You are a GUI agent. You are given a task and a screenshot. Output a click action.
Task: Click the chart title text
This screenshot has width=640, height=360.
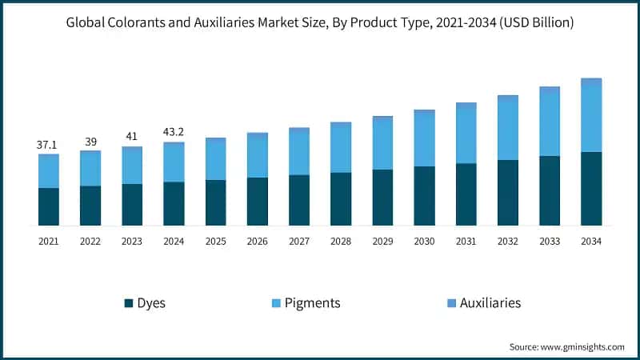[319, 22]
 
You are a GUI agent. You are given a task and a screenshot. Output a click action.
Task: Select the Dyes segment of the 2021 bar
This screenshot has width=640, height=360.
[49, 206]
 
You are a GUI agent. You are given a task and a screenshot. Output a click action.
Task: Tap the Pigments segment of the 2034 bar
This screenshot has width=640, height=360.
[591, 117]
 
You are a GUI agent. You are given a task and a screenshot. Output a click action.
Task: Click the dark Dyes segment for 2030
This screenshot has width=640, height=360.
[424, 196]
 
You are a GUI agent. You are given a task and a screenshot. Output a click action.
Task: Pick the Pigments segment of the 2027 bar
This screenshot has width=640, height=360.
[299, 152]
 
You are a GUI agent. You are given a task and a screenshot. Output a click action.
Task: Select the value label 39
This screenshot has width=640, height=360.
[90, 141]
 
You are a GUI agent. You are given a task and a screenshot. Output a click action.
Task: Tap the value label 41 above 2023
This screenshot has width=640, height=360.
[132, 137]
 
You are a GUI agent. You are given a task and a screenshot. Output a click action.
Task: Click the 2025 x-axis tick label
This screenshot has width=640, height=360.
[215, 241]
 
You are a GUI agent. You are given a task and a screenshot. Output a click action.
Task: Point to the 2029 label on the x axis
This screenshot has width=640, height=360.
[382, 241]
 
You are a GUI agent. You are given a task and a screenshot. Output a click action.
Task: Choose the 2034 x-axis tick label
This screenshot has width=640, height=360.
[591, 241]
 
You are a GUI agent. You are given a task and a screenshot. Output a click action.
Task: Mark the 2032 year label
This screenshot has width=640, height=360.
[508, 241]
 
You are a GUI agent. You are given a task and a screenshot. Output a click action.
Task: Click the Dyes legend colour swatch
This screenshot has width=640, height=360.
[128, 303]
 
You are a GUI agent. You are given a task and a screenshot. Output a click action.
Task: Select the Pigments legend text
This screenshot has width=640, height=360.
[314, 303]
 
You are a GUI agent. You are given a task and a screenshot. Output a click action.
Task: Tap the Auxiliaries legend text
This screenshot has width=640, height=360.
[490, 303]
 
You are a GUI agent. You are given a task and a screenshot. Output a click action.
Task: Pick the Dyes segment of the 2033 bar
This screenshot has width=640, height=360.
[550, 190]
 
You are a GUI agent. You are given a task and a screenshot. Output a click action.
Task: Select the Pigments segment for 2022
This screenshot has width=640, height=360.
[90, 169]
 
